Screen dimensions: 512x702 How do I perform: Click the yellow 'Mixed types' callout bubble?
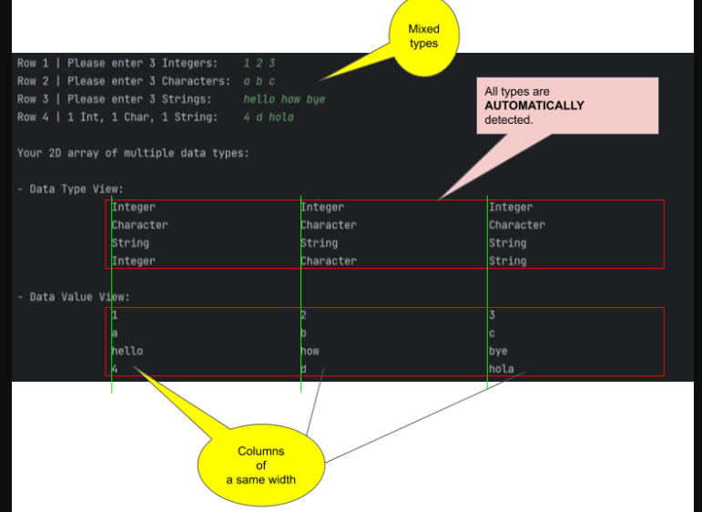(x=423, y=37)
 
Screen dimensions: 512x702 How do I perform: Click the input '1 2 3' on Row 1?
(x=259, y=63)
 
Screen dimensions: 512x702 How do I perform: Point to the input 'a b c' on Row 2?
(x=259, y=81)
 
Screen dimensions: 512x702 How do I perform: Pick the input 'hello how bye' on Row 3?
(x=284, y=98)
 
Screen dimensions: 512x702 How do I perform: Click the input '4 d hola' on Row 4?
(x=269, y=117)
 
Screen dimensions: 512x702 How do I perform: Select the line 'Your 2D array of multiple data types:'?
(x=133, y=153)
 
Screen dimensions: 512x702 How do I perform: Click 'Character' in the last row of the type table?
(x=329, y=261)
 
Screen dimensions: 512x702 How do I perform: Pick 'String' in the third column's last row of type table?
(x=507, y=261)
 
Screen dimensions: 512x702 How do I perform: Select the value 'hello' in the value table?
(x=127, y=351)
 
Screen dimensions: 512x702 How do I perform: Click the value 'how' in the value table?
(x=310, y=351)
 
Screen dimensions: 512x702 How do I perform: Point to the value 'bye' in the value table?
(x=498, y=351)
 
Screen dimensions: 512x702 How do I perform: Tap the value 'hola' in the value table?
(x=501, y=369)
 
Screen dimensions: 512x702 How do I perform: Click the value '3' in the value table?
(x=492, y=315)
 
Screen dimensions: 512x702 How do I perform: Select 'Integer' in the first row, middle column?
(x=326, y=207)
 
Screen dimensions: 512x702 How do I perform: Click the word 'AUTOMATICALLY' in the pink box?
(x=534, y=106)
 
